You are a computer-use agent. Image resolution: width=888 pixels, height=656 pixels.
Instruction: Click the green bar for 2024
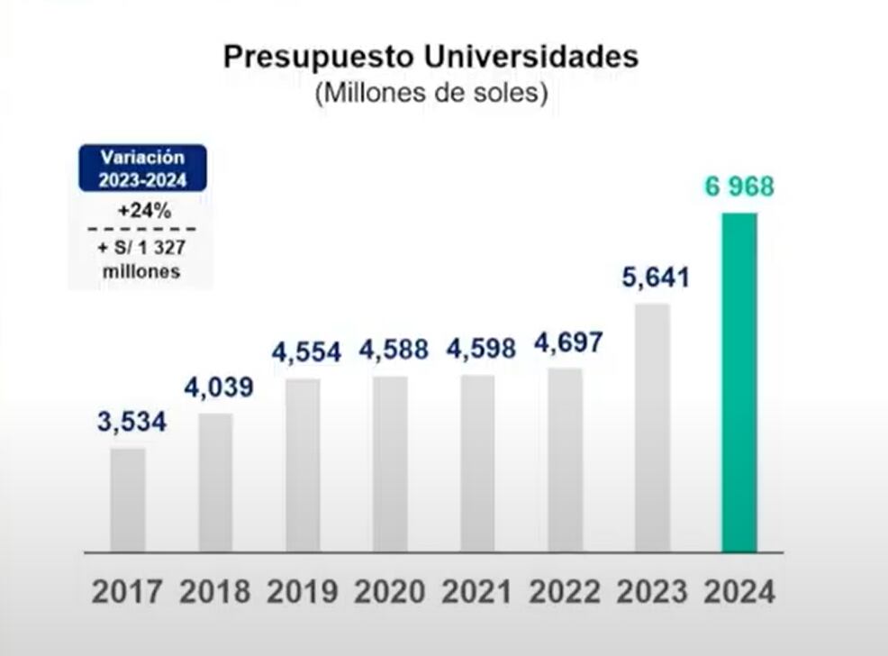739,382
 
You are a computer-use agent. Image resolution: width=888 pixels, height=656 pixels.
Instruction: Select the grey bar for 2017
128,499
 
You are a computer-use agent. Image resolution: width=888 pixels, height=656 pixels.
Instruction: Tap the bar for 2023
652,427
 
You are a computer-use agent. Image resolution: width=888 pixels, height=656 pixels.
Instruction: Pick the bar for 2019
303,465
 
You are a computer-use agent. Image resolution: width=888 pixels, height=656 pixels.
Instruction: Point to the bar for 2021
477,463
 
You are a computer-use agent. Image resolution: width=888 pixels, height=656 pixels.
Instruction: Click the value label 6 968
738,187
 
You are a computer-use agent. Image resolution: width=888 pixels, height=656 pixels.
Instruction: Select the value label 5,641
655,278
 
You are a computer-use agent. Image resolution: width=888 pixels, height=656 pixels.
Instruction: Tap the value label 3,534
131,421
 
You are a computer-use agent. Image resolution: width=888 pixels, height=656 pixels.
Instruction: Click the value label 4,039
219,387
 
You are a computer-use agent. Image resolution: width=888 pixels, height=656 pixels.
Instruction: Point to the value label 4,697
567,343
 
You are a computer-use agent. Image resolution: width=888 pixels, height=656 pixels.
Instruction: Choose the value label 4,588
393,349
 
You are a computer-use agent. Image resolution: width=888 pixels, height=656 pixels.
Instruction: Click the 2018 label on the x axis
214,592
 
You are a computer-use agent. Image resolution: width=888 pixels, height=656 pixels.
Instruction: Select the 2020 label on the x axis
390,592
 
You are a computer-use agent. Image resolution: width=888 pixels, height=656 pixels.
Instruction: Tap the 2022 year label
565,592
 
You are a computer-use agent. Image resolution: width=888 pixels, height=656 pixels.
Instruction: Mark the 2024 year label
739,592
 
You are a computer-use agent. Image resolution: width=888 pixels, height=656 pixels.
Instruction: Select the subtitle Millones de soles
430,94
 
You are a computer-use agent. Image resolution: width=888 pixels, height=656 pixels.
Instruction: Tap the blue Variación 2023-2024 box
142,169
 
